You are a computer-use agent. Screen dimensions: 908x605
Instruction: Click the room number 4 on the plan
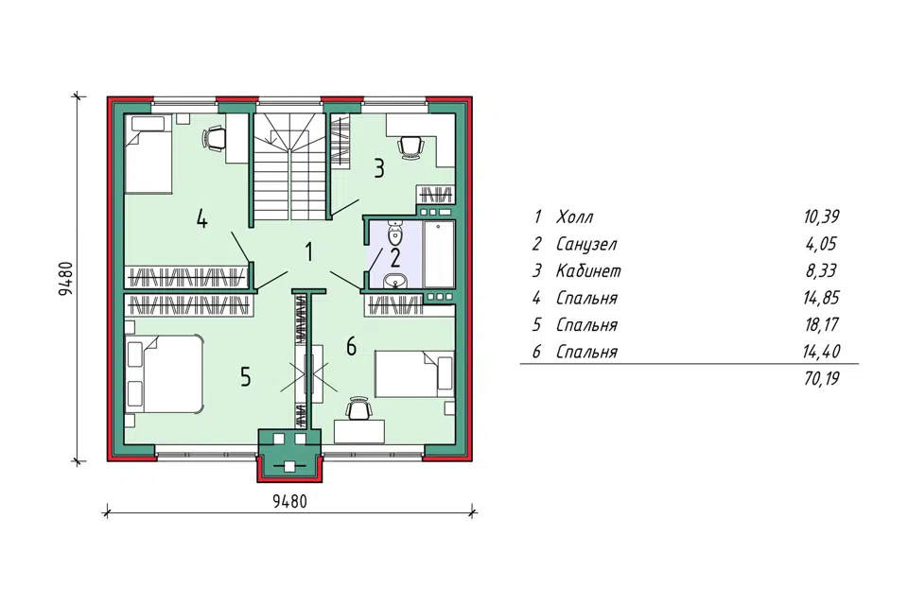201,219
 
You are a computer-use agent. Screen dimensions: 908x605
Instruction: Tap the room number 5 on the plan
246,377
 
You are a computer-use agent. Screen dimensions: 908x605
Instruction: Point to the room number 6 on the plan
351,347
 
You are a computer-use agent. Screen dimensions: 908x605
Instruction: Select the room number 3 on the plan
378,168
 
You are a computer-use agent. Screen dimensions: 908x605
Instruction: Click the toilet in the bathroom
395,233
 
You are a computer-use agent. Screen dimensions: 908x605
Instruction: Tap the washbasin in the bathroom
396,280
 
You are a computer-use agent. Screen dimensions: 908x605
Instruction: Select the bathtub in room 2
439,254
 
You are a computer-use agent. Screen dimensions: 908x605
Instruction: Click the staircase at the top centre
289,166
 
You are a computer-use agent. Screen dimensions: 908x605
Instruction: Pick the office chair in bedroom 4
214,139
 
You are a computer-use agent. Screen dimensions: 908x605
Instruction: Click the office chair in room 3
410,146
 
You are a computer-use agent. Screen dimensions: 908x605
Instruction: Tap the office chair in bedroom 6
358,408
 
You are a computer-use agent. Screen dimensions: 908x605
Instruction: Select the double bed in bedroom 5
164,374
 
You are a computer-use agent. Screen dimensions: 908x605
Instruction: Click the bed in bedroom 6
414,373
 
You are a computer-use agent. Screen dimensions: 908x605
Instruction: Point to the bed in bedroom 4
148,153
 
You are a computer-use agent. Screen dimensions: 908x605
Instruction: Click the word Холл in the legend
574,217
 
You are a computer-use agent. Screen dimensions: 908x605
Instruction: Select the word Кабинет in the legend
588,271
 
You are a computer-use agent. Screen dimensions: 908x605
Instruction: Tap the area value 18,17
822,325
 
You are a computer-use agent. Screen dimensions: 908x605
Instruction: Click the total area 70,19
822,379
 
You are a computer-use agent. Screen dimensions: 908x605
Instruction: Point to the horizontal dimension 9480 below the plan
289,501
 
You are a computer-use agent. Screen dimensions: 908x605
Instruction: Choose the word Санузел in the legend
586,244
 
